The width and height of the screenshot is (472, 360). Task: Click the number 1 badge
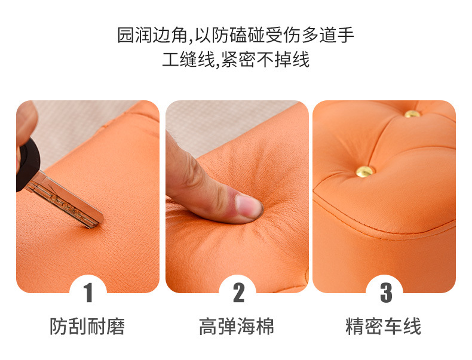(x=88, y=293)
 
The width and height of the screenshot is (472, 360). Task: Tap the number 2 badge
(x=238, y=293)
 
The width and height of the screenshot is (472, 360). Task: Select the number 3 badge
(x=385, y=293)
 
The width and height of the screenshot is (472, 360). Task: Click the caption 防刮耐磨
(x=87, y=327)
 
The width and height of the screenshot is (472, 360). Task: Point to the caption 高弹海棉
(x=237, y=327)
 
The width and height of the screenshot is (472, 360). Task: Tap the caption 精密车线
(x=383, y=327)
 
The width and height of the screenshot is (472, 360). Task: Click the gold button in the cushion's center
(x=365, y=172)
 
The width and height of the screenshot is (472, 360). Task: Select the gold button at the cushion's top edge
(x=412, y=114)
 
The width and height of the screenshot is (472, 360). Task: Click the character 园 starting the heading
(x=125, y=35)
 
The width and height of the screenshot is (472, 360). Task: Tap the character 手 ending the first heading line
(x=345, y=35)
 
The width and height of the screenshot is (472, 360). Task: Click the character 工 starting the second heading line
(x=171, y=60)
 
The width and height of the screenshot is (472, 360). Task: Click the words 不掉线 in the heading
(x=283, y=60)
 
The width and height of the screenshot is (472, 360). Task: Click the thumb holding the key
(x=26, y=121)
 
